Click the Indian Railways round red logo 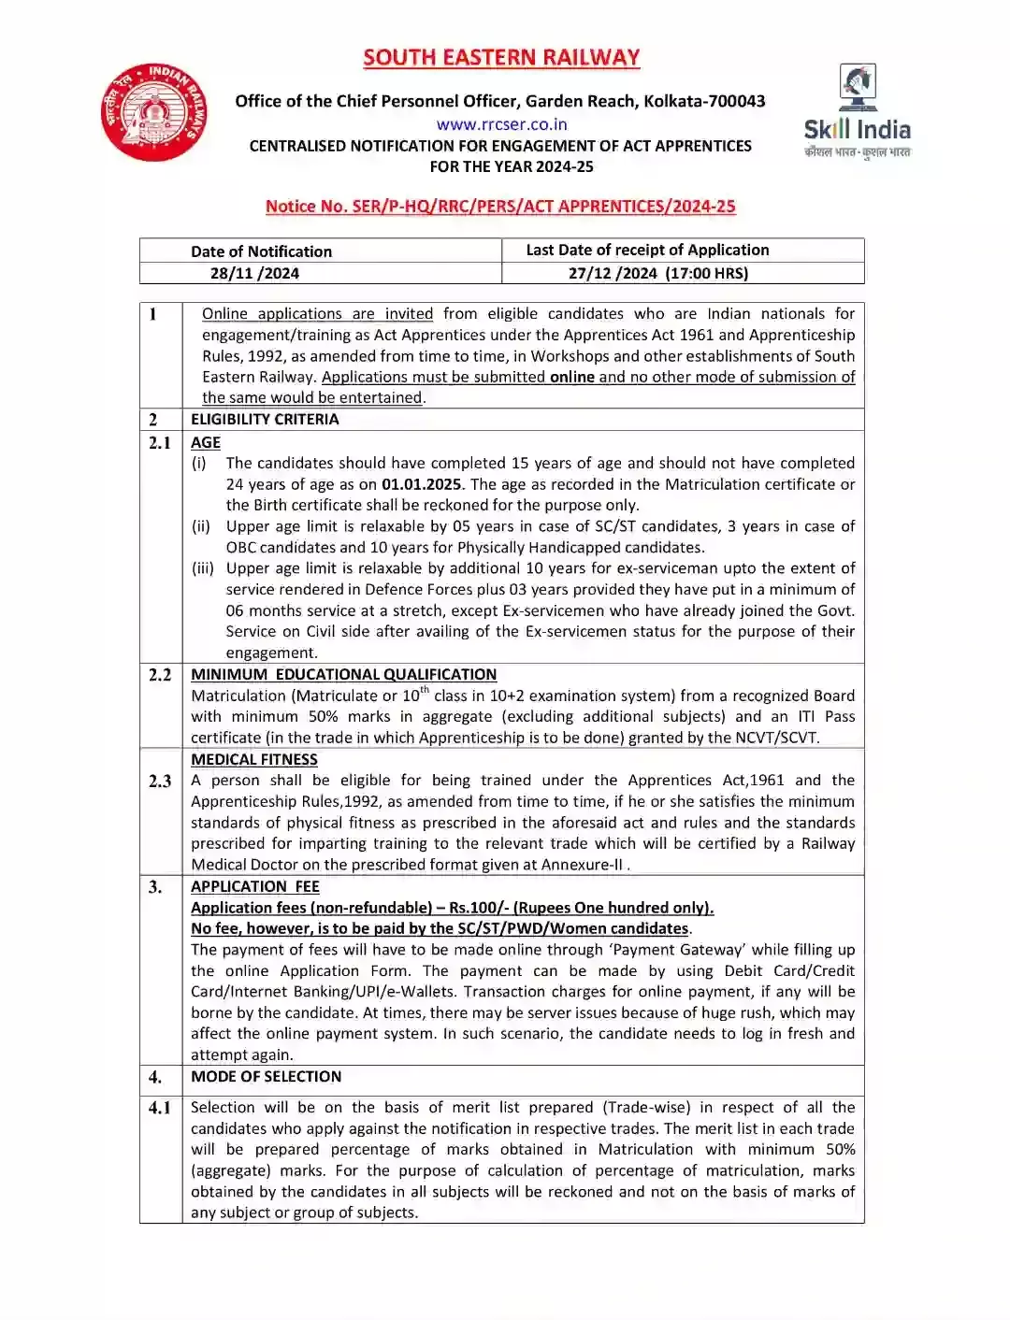coord(154,112)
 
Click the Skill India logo coord(857,112)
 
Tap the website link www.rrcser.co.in coord(501,124)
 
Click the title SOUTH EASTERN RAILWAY coord(501,58)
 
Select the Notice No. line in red coord(500,207)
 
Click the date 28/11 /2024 coord(254,273)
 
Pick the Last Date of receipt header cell coord(647,250)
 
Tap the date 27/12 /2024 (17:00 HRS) coord(658,273)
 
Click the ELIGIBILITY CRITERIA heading coord(265,419)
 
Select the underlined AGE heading coord(206,442)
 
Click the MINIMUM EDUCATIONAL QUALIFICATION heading coord(343,674)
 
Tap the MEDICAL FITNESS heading coord(254,759)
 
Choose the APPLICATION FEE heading coord(255,886)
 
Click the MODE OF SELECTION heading coord(266,1076)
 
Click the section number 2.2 coord(160,674)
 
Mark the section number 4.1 coord(160,1107)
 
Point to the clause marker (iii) coord(203,568)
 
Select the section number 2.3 coord(160,781)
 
